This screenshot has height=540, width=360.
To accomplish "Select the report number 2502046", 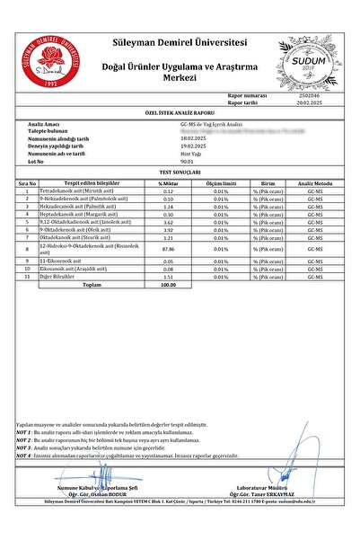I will (308, 94).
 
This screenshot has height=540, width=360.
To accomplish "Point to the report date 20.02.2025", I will (308, 102).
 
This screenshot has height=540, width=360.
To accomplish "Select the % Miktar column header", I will (167, 182).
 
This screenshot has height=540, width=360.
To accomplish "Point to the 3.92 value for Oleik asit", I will (167, 228).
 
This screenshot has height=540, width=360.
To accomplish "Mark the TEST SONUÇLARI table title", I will (180, 170).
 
